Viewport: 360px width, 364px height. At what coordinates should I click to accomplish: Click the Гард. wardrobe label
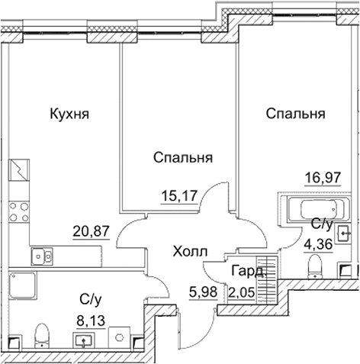coord(249,271)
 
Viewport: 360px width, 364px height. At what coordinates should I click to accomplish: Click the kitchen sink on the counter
coord(44,256)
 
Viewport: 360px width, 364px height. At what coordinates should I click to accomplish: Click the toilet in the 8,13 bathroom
coord(43,333)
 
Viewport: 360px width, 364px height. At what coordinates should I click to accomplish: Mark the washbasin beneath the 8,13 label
coord(83,339)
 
